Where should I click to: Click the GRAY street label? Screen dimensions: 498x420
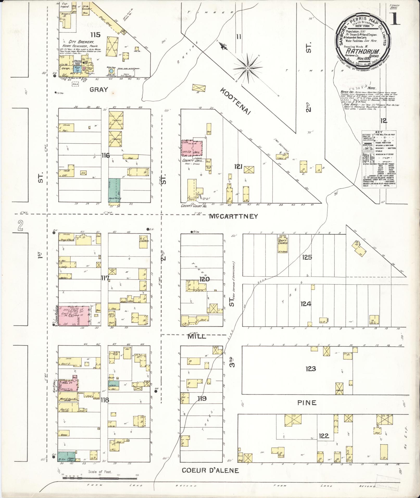99,90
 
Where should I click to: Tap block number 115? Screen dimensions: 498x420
96,34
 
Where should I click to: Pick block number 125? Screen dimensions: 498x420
307,257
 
